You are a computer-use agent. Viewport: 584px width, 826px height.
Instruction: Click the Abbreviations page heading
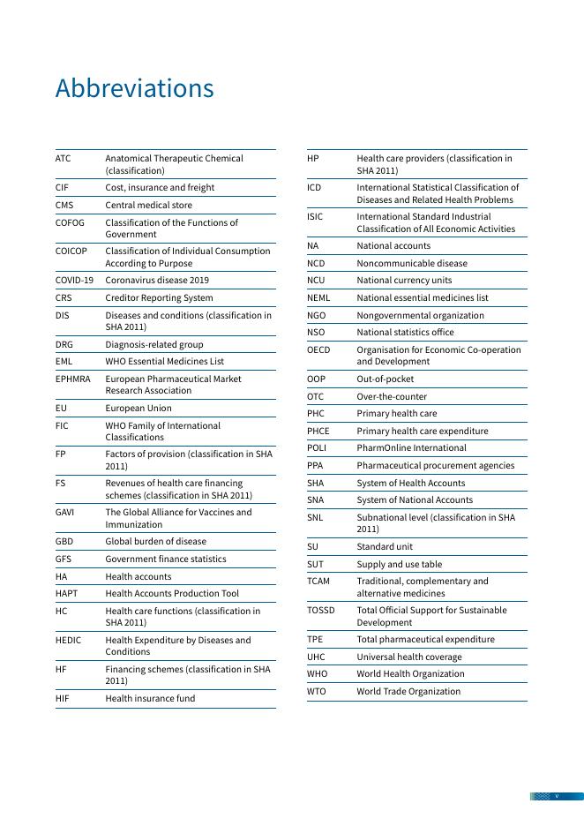tap(134, 89)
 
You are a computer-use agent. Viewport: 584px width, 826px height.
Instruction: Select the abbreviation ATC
tap(63, 159)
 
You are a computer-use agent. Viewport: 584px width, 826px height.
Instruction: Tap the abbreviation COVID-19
tap(74, 281)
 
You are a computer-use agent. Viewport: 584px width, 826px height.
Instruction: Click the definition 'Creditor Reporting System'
tap(159, 298)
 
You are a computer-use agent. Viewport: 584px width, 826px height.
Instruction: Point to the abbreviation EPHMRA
tap(72, 379)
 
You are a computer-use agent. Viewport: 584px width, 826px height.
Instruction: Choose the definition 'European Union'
tap(139, 409)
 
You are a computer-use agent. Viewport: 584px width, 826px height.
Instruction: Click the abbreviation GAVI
tap(64, 512)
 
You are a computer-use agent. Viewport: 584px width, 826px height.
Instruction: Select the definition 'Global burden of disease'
tap(155, 542)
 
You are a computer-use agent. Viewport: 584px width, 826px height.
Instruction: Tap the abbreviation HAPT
tap(66, 594)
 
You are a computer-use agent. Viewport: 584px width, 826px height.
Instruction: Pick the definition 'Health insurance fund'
tap(150, 699)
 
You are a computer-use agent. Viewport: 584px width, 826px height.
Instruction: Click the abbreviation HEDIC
tap(68, 641)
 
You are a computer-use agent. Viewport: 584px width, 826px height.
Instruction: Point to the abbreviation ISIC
tap(315, 216)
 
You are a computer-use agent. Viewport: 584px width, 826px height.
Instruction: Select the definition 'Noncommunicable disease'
tap(412, 263)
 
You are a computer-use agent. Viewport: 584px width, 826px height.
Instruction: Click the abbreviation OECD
tap(318, 349)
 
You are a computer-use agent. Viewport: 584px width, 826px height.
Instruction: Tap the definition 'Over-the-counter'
tap(392, 397)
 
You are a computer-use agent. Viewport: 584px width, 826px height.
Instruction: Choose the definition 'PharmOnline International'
tap(411, 448)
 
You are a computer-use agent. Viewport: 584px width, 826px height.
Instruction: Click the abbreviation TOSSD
tap(321, 611)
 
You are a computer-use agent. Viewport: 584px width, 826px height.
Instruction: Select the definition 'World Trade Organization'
tap(408, 692)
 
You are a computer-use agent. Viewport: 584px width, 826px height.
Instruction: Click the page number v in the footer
tap(557, 796)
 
